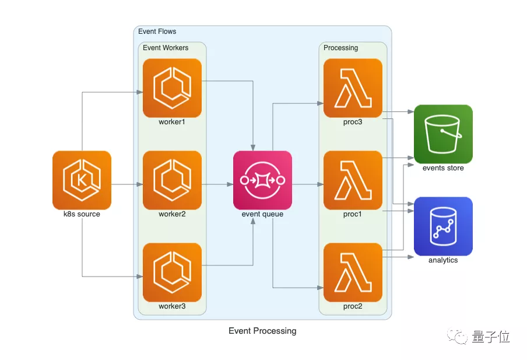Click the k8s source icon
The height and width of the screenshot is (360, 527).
click(x=82, y=180)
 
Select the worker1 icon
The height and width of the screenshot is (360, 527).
click(x=172, y=88)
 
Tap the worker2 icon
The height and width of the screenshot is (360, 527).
click(x=172, y=180)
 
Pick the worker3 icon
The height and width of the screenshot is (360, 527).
click(x=172, y=272)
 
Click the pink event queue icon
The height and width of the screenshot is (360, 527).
click(x=262, y=180)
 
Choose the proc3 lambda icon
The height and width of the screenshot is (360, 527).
click(x=353, y=88)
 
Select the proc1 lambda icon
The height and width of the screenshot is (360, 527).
click(x=353, y=180)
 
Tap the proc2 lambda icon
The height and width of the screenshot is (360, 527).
click(x=353, y=272)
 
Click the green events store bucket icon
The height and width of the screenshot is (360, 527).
click(x=443, y=134)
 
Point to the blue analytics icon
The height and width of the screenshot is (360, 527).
click(x=443, y=226)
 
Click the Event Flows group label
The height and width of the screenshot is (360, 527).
click(x=157, y=32)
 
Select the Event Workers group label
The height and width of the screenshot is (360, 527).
click(x=166, y=48)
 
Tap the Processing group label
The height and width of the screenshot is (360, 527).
click(x=340, y=48)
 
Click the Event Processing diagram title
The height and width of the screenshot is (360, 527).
click(x=262, y=331)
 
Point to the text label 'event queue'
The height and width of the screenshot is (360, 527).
click(x=262, y=214)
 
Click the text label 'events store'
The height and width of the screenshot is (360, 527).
click(x=443, y=168)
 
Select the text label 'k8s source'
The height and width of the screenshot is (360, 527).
click(x=82, y=214)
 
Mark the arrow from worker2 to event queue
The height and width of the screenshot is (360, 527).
click(x=217, y=184)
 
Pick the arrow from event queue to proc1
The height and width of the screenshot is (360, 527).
click(x=307, y=184)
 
